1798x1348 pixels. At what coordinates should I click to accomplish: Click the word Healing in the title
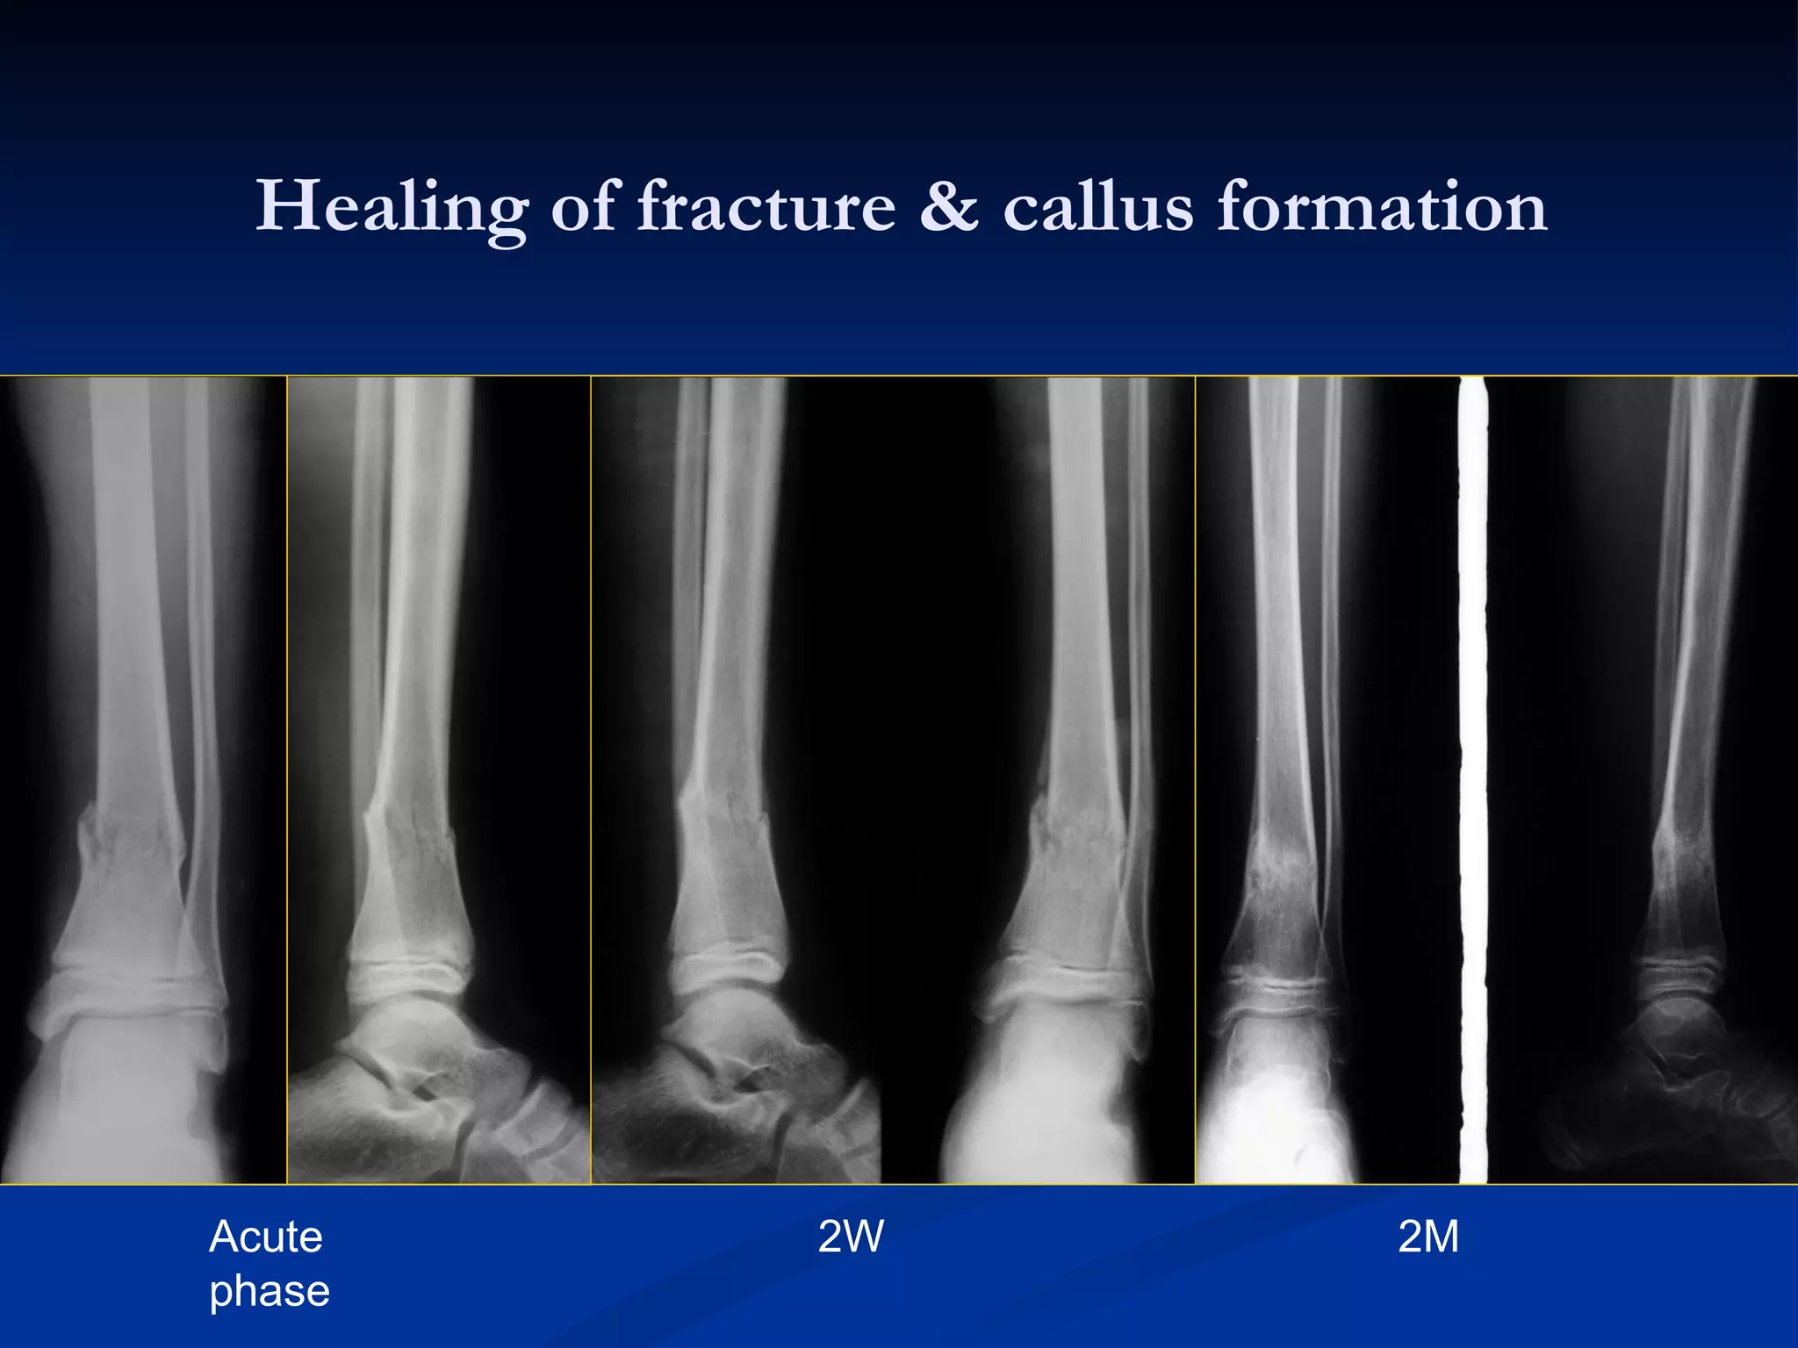392,207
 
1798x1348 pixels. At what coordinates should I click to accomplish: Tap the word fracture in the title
766,207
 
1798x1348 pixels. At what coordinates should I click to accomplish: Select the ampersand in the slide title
948,207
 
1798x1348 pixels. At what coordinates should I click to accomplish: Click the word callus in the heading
1097,207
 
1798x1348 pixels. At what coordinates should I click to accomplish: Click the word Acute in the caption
266,1237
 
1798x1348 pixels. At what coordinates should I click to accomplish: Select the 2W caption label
850,1237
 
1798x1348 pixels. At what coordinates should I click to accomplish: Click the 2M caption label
1428,1237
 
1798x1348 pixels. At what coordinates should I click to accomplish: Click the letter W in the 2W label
864,1237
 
